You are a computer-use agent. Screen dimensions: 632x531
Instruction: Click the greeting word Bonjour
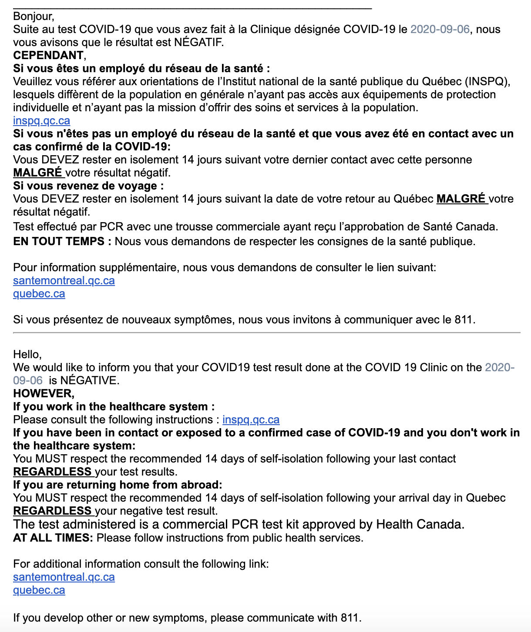point(33,17)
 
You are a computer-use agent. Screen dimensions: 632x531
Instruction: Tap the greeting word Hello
point(27,354)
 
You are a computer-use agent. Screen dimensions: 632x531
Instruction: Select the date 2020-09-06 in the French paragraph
point(440,30)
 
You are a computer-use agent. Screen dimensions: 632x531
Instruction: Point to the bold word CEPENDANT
point(48,56)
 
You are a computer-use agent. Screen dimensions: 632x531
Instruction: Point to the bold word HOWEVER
point(43,394)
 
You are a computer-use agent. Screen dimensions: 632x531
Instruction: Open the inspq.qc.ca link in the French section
point(41,121)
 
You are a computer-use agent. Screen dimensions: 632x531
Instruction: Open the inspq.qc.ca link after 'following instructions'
point(251,420)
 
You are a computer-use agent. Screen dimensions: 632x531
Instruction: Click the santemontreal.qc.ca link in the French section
point(64,281)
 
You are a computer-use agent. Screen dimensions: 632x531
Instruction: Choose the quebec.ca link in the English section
point(39,590)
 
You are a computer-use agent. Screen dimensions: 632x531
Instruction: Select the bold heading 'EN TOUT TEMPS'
point(59,242)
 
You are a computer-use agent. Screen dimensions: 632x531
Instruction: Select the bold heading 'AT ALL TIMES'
point(53,538)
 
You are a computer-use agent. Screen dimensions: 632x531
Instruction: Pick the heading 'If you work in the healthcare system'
point(114,407)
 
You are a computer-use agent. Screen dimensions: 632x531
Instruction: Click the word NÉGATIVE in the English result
point(89,381)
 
